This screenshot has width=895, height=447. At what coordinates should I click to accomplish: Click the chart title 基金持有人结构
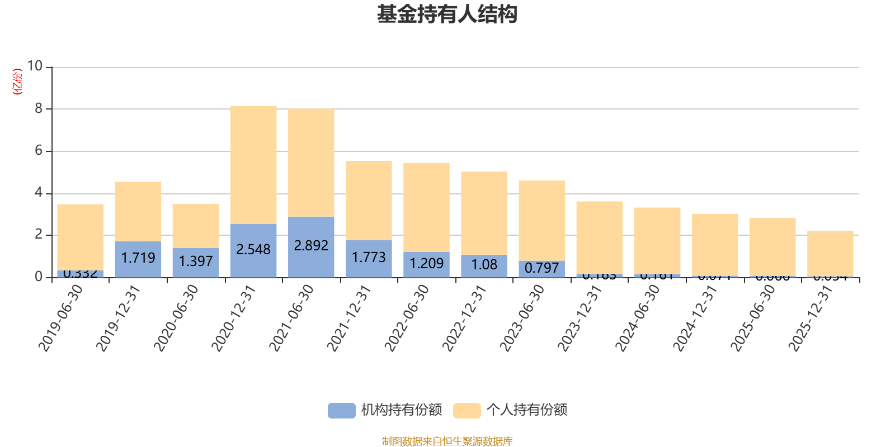pyautogui.click(x=447, y=15)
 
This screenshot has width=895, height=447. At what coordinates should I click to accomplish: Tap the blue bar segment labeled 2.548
pyautogui.click(x=253, y=250)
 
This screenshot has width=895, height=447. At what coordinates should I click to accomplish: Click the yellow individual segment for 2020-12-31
pyautogui.click(x=253, y=165)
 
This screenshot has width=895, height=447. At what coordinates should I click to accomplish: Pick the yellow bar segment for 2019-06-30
pyautogui.click(x=81, y=237)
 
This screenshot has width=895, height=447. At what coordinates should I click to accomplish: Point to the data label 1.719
pyautogui.click(x=138, y=258)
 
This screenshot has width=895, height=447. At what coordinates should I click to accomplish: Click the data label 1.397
pyautogui.click(x=196, y=261)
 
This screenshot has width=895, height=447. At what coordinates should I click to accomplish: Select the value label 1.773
pyautogui.click(x=369, y=258)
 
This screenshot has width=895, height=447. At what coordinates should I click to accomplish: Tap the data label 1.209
pyautogui.click(x=426, y=264)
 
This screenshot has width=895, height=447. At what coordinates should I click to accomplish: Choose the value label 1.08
pyautogui.click(x=484, y=265)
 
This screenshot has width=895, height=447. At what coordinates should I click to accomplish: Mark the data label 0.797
pyautogui.click(x=541, y=268)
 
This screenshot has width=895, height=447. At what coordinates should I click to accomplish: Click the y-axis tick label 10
pyautogui.click(x=35, y=66)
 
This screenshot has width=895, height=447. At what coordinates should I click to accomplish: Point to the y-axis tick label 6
pyautogui.click(x=39, y=150)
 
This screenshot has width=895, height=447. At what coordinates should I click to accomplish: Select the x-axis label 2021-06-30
pyautogui.click(x=292, y=318)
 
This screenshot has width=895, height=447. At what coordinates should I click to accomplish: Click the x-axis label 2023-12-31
pyautogui.click(x=580, y=318)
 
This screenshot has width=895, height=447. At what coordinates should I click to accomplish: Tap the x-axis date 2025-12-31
pyautogui.click(x=811, y=318)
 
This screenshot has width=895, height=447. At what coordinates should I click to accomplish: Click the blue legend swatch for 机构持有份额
pyautogui.click(x=341, y=411)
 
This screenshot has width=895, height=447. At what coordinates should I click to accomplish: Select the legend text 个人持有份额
pyautogui.click(x=527, y=410)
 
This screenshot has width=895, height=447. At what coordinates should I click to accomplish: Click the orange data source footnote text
pyautogui.click(x=447, y=441)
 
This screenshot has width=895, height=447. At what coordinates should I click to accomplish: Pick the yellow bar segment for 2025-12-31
pyautogui.click(x=830, y=253)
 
